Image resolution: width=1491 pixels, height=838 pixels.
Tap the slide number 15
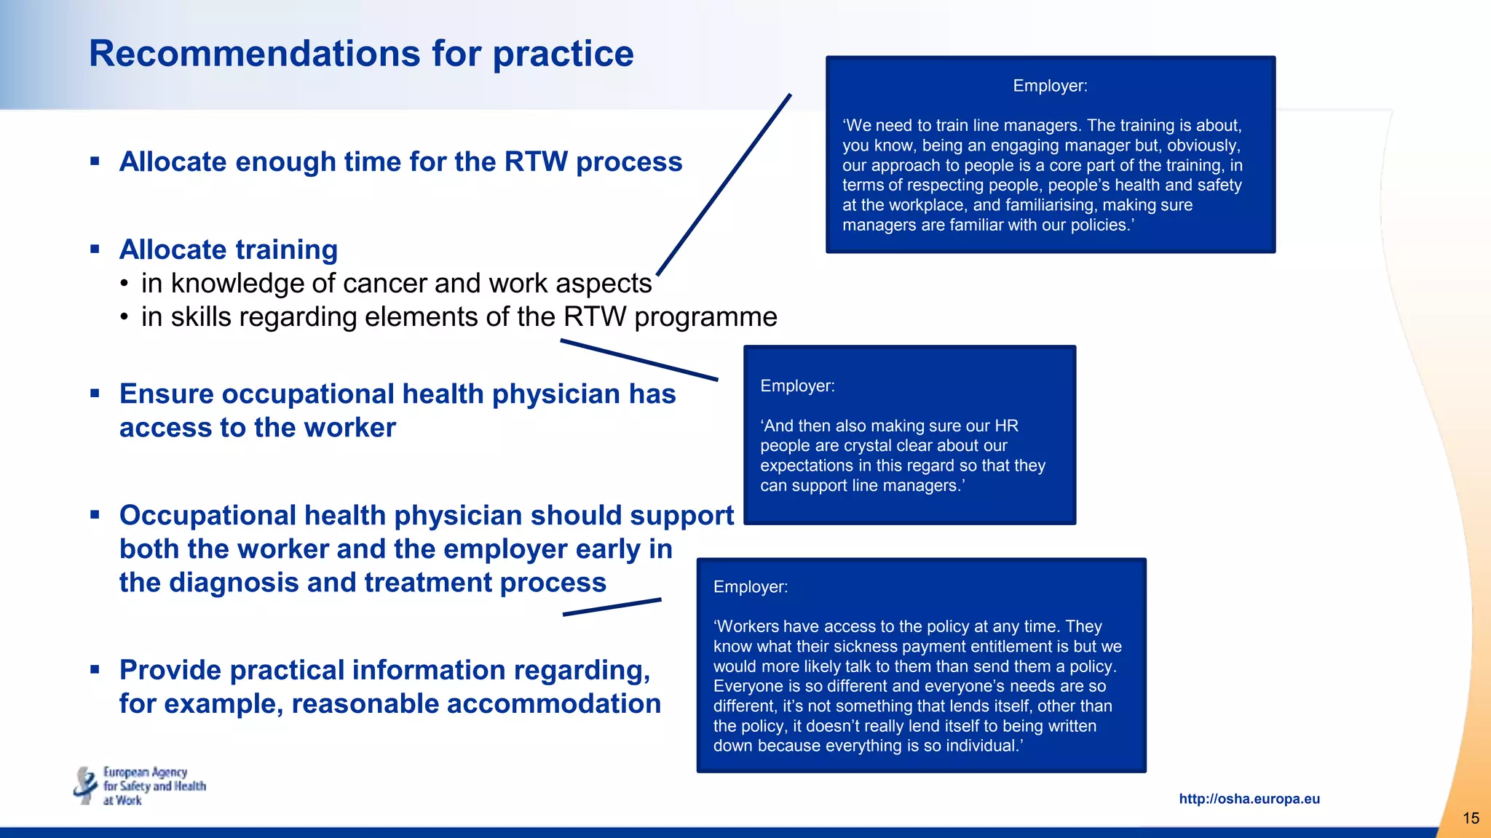pyautogui.click(x=1471, y=818)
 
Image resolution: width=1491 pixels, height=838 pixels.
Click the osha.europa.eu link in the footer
pyautogui.click(x=1249, y=799)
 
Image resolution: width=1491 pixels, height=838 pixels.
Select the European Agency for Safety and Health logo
pyautogui.click(x=140, y=786)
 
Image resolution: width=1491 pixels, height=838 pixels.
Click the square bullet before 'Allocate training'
pyautogui.click(x=95, y=249)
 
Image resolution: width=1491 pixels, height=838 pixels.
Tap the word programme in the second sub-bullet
pyautogui.click(x=705, y=317)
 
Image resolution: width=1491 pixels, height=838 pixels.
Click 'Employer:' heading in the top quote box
pyautogui.click(x=1050, y=86)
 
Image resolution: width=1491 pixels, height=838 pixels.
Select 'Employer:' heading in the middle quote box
pyautogui.click(x=797, y=386)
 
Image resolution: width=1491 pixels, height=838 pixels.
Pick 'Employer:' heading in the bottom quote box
pyautogui.click(x=750, y=587)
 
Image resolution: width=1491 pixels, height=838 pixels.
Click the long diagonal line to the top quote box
pyautogui.click(x=724, y=185)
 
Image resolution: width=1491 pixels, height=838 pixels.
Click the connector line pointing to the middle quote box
pyautogui.click(x=639, y=360)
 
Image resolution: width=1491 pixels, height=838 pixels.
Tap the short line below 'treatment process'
pyautogui.click(x=612, y=607)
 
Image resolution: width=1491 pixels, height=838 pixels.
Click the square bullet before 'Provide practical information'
pyautogui.click(x=95, y=669)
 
